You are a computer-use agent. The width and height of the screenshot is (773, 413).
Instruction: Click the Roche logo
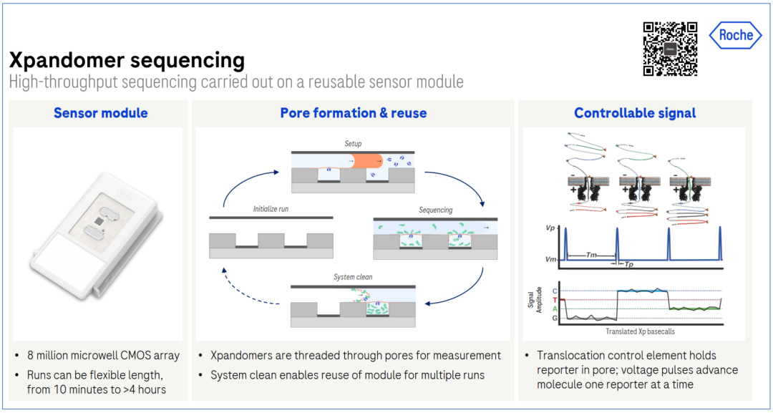coord(735,35)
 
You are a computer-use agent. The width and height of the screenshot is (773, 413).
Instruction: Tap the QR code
coord(670,49)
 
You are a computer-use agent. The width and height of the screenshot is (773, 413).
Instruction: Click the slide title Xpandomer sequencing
coord(127,60)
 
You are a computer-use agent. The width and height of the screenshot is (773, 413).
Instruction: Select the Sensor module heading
coord(100,113)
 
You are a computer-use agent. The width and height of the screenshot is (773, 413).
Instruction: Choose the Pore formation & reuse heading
coord(353,113)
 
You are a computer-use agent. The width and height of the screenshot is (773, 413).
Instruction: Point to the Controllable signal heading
coord(635,113)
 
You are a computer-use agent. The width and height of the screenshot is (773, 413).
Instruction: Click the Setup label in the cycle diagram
coord(353,144)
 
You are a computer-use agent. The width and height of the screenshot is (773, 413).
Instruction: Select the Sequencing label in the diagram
coord(435,210)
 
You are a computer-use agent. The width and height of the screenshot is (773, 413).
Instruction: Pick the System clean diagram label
coord(353,277)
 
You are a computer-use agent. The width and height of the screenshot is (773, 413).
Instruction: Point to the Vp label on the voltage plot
coord(550,228)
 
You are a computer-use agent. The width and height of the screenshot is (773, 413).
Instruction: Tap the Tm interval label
coord(592,255)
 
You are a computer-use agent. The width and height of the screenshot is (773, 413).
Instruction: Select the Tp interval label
coord(629,264)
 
